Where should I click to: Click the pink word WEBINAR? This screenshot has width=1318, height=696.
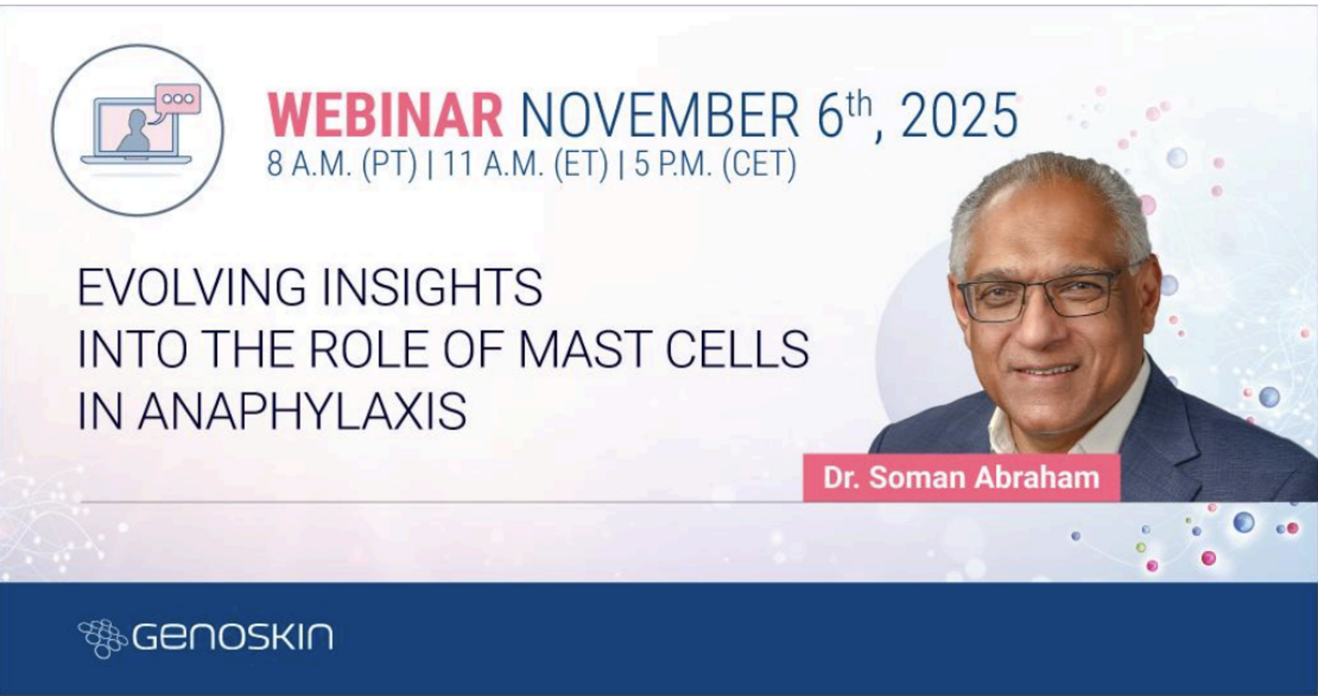tap(385, 115)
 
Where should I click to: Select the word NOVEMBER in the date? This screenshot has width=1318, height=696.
tap(660, 115)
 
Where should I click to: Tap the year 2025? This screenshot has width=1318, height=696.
tap(959, 115)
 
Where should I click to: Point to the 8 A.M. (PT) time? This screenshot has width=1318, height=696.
tap(342, 164)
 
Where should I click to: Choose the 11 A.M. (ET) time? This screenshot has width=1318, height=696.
tap(525, 164)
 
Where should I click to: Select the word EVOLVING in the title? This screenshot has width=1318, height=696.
tap(192, 287)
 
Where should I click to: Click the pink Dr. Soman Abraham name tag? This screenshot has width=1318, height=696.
tap(961, 477)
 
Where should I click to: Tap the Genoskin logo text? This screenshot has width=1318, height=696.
tap(233, 637)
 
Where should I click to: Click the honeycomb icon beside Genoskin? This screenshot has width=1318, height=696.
tap(102, 638)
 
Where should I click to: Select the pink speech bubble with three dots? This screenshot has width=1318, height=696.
tap(177, 99)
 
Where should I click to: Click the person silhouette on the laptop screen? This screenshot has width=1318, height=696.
tap(136, 132)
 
